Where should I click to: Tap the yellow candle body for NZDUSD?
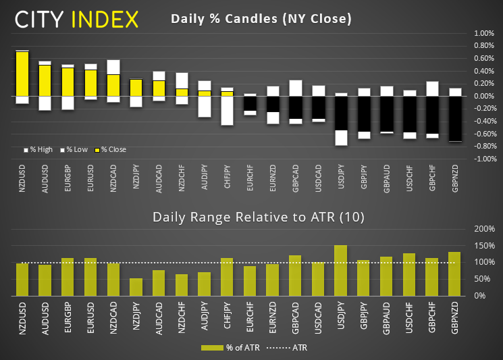point(22,74)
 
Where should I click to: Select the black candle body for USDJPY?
point(341,113)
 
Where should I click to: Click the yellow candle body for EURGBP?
point(68,82)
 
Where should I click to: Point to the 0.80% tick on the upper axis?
point(485,46)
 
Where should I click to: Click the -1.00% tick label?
point(483,159)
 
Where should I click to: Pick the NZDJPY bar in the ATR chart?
point(136,287)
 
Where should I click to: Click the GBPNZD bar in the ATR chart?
point(455,274)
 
